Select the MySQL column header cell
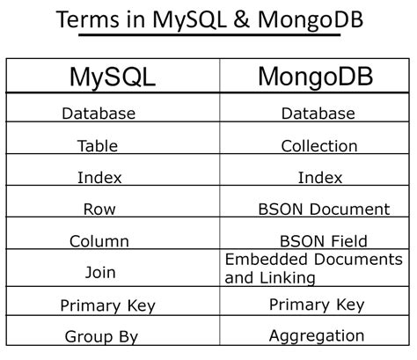[x=112, y=77]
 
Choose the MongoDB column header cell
[x=315, y=77]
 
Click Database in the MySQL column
[x=99, y=114]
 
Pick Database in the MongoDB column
[x=318, y=114]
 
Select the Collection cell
[x=318, y=146]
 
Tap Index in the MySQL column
[x=99, y=178]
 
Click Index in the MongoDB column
[x=319, y=178]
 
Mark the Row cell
[x=99, y=209]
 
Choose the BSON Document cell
[x=324, y=209]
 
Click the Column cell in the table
[x=99, y=241]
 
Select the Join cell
[x=99, y=272]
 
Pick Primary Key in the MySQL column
[x=107, y=305]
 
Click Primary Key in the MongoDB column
[x=317, y=304]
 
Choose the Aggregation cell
[x=318, y=335]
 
